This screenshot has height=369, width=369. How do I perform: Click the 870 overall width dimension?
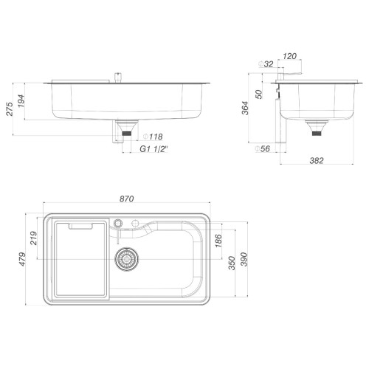tap(127, 199)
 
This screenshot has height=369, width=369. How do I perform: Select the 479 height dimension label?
tap(22, 259)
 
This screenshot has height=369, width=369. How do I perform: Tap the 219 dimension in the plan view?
tap(33, 238)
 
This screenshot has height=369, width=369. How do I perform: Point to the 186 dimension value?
tap(218, 241)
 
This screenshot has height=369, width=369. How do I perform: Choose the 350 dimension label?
tap(232, 263)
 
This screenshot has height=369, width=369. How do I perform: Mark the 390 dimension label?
tap(244, 259)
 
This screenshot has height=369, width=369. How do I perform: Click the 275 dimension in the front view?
tap(10, 109)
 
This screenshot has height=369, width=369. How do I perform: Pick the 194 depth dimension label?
tap(21, 101)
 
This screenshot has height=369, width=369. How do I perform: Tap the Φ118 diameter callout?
tap(153, 137)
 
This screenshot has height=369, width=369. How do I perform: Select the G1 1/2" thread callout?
tap(154, 149)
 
